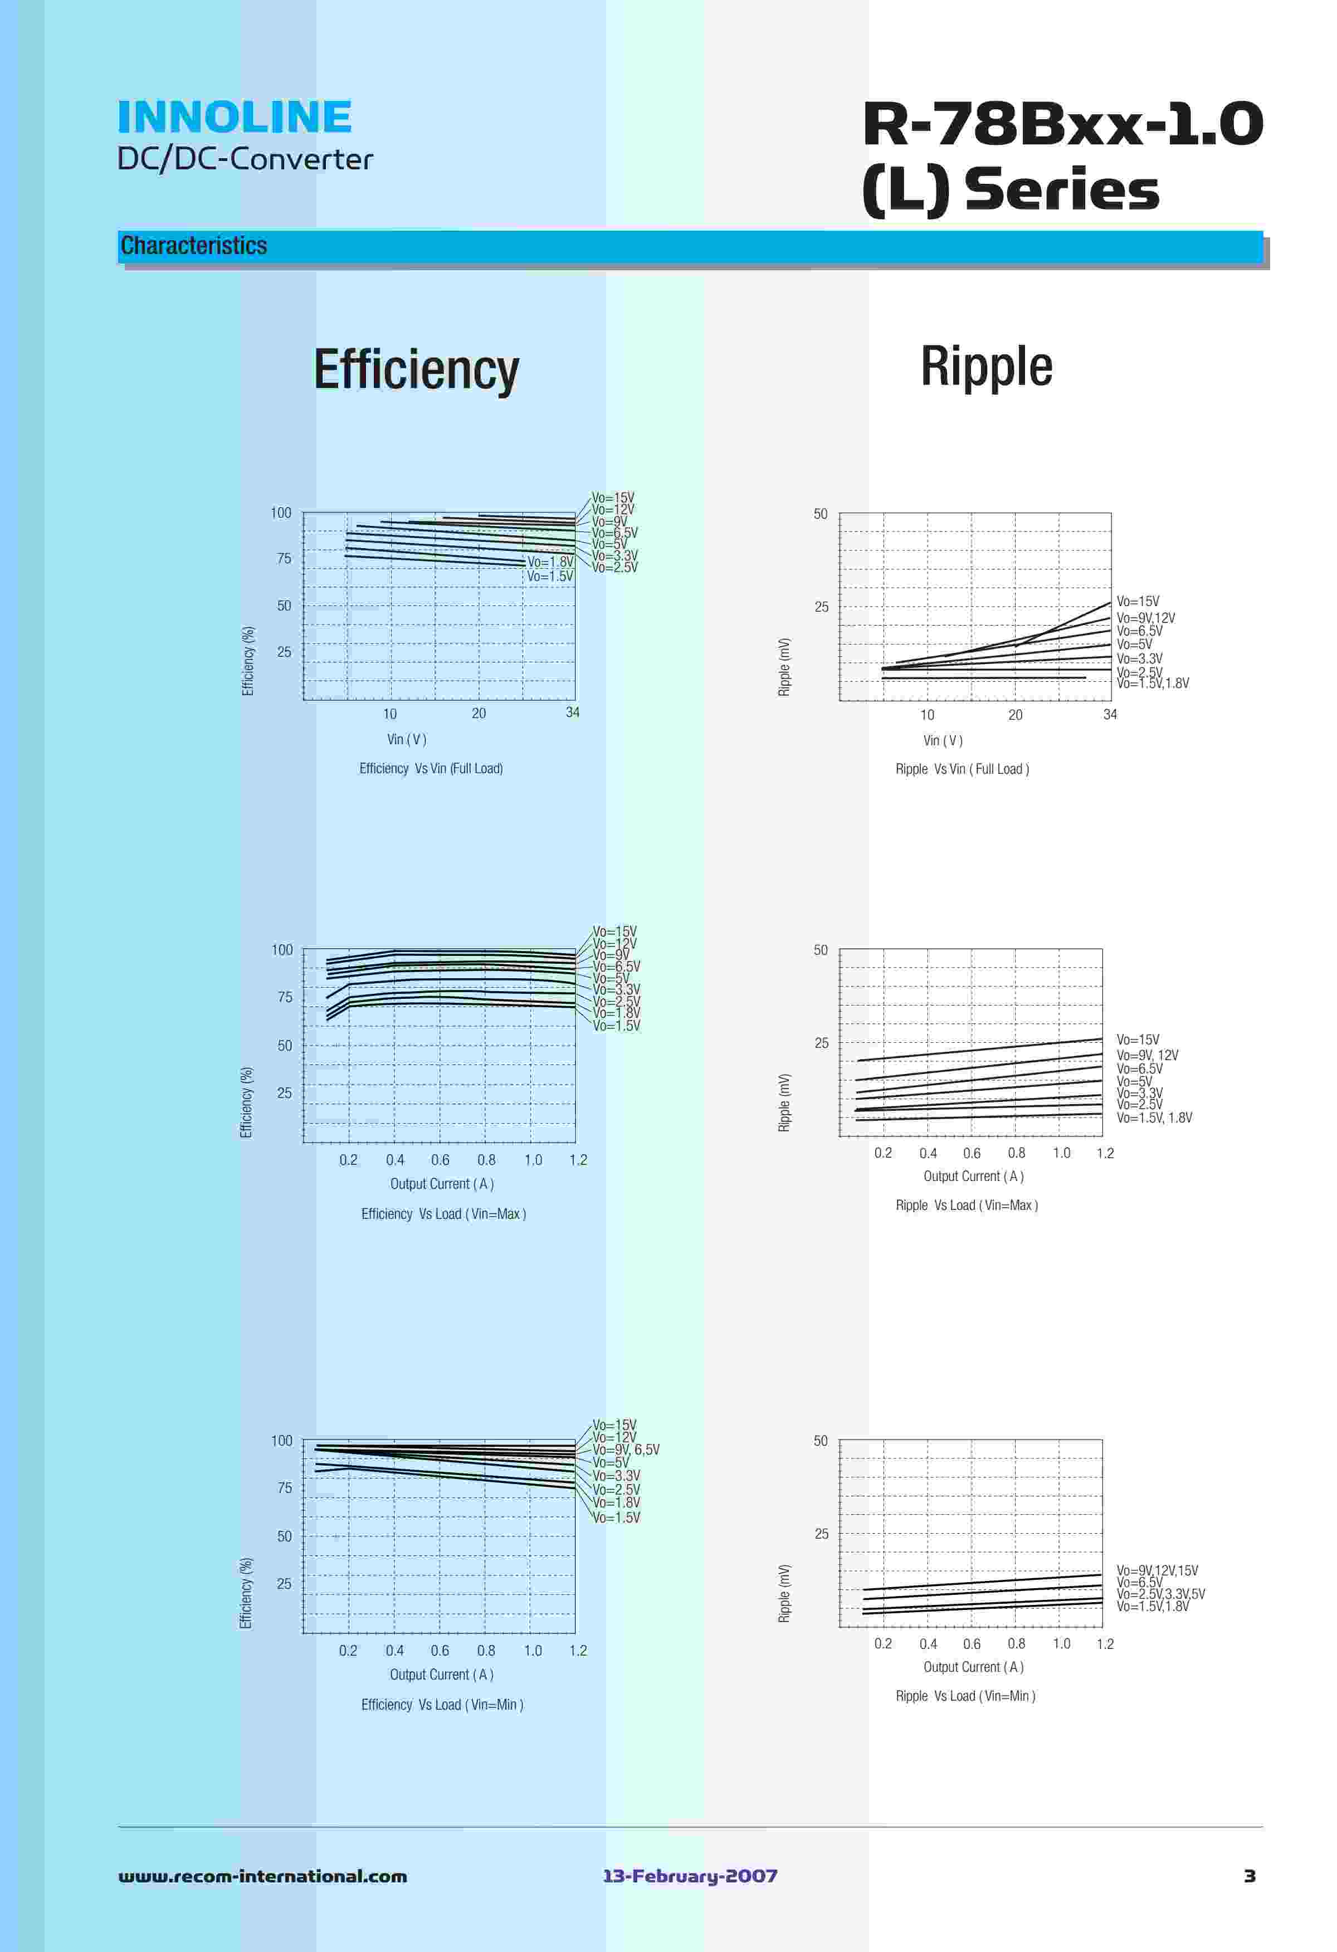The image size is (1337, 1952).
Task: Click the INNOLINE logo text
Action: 235,117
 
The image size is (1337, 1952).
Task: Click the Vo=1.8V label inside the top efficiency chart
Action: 550,562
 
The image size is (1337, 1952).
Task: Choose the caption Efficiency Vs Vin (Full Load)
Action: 431,769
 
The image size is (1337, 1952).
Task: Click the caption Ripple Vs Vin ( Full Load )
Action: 962,769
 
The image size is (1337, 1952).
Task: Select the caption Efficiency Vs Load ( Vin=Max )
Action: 443,1214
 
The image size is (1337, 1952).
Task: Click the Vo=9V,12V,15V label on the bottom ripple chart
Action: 1157,1570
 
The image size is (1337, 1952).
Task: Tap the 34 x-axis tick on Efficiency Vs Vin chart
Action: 572,713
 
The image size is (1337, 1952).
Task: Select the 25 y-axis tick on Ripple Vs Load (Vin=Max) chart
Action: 821,1043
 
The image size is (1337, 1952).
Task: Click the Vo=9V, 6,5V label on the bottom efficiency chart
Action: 626,1450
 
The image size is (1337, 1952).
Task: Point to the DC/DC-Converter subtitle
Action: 245,159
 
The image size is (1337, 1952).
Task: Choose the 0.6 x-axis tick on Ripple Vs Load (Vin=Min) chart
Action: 971,1644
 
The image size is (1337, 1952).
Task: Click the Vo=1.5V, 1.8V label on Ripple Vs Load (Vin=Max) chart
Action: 1154,1118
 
